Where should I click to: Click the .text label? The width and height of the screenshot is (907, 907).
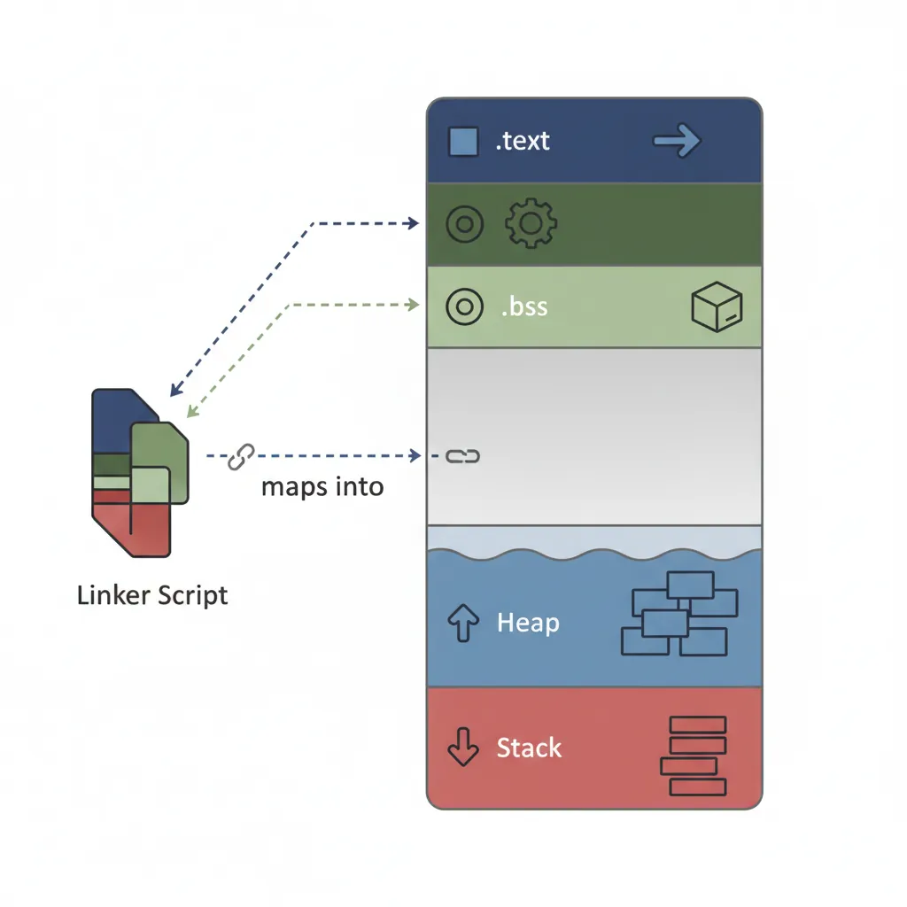click(x=523, y=141)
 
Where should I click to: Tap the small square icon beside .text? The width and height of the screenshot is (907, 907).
click(x=463, y=142)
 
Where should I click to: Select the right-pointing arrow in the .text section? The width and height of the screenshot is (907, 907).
click(x=678, y=141)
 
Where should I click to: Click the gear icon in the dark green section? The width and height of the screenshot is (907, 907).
click(x=530, y=223)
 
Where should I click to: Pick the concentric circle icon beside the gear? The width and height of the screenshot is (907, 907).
click(x=464, y=224)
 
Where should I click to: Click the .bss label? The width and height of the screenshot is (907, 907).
click(x=524, y=307)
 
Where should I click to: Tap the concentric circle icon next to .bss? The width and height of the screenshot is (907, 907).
click(x=464, y=307)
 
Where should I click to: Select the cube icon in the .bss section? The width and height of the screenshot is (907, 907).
click(x=716, y=307)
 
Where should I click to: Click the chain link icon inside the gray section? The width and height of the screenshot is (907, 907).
click(x=461, y=456)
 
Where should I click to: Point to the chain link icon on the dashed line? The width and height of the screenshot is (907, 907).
click(x=240, y=456)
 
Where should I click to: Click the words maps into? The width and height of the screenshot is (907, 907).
click(x=322, y=486)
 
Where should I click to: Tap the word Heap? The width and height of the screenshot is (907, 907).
click(x=528, y=623)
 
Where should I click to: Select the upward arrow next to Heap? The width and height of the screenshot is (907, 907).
click(x=464, y=624)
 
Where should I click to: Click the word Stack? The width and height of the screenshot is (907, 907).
click(x=529, y=748)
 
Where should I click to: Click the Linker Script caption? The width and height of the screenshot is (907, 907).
click(x=152, y=595)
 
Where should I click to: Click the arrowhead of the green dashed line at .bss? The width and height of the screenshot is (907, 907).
click(x=413, y=305)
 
